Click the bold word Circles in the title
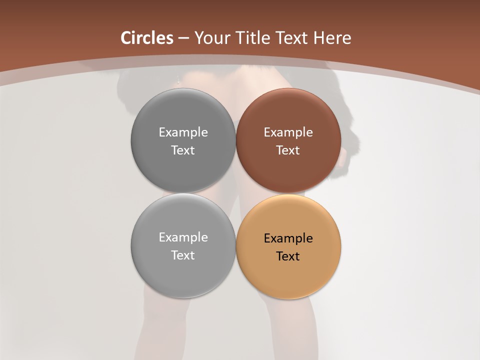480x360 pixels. (147, 38)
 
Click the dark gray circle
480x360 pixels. (183, 140)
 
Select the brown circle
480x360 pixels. (288, 140)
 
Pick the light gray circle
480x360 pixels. (183, 245)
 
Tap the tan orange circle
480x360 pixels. (288, 246)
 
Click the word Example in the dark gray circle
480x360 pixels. (183, 132)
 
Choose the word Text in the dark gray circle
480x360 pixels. (183, 150)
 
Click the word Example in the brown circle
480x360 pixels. (288, 132)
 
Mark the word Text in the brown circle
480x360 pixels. (288, 150)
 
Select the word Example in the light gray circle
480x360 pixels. (183, 237)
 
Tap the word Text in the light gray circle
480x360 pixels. (183, 255)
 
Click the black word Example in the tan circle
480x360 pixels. (288, 238)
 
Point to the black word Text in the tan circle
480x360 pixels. (288, 256)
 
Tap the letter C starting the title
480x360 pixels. (126, 38)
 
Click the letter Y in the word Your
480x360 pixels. (198, 38)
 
